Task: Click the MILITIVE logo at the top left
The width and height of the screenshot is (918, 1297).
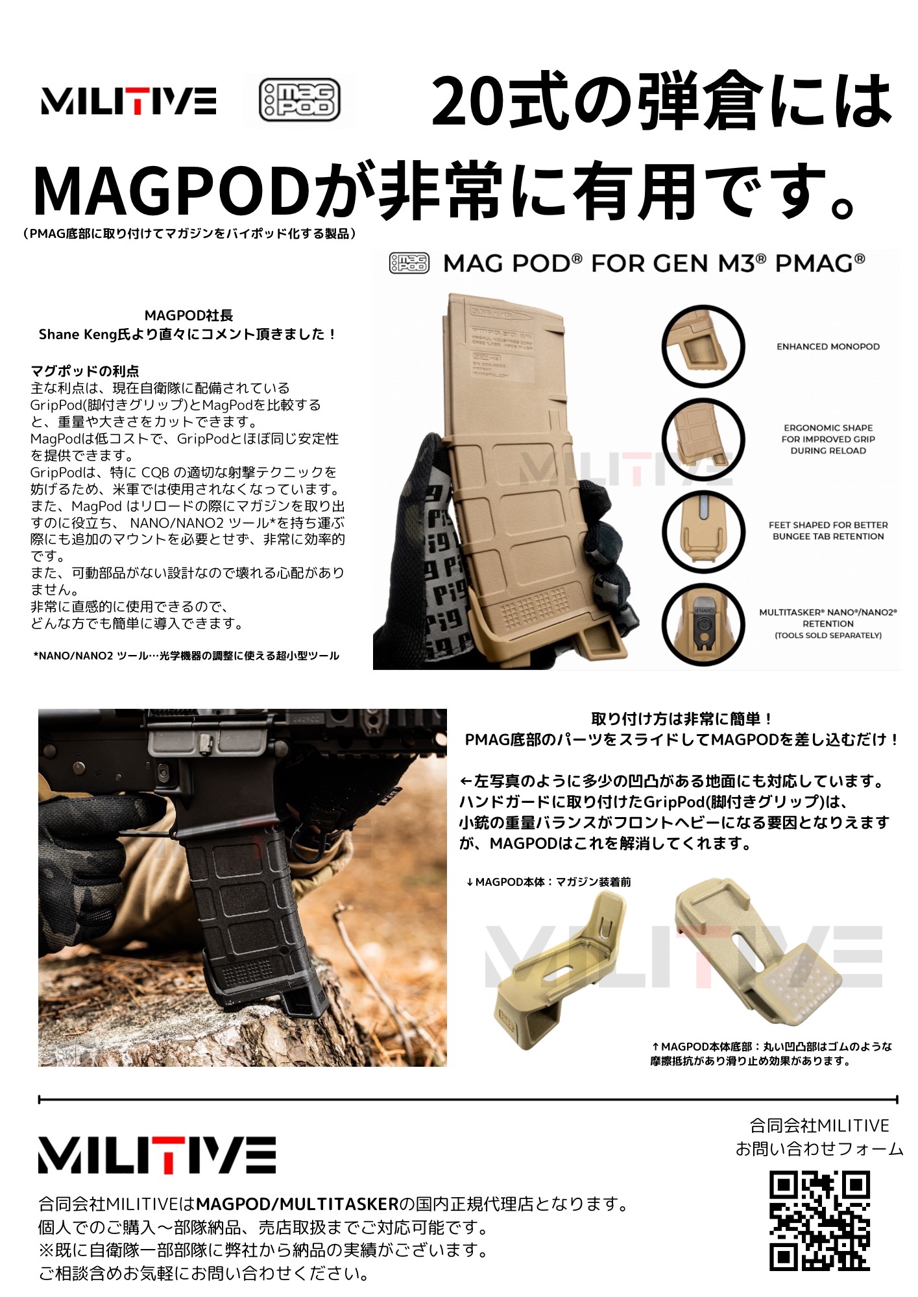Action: point(128,101)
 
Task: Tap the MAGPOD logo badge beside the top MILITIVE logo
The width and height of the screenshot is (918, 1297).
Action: point(299,101)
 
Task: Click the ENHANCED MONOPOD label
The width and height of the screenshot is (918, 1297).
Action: point(828,347)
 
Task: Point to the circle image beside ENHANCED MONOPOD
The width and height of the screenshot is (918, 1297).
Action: point(703,347)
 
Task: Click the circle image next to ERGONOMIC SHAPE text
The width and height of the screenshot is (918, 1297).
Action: point(703,439)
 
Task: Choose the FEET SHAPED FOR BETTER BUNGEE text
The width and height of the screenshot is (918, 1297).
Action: point(828,530)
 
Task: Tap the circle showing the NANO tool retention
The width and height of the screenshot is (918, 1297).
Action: point(703,624)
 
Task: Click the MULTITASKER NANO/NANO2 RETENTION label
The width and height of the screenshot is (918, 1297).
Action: point(828,623)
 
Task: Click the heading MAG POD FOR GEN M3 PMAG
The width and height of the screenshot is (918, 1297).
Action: point(654,263)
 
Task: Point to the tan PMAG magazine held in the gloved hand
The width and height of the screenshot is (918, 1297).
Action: point(519,467)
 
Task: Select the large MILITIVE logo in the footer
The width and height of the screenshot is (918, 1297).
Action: point(157,1154)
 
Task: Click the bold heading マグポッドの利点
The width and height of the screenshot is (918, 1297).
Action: point(85,371)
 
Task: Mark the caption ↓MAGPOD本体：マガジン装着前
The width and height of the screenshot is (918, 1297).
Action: point(548,882)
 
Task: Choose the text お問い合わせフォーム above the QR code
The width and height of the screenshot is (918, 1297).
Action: point(819,1149)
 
